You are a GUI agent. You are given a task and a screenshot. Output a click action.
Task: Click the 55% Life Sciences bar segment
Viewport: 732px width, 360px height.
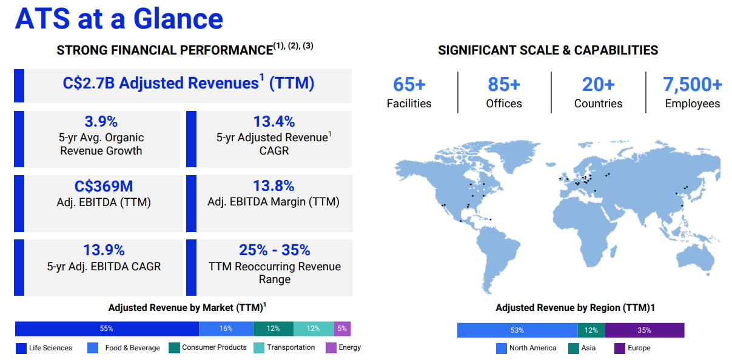click(x=107, y=328)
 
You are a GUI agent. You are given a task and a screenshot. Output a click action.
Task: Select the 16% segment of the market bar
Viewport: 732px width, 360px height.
click(x=226, y=328)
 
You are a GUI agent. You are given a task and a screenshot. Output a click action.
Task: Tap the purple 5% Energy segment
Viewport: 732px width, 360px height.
click(x=342, y=328)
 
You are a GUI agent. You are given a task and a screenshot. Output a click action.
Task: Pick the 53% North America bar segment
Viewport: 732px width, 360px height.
click(x=517, y=330)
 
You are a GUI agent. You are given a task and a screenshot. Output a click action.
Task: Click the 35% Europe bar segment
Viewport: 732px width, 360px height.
click(x=645, y=330)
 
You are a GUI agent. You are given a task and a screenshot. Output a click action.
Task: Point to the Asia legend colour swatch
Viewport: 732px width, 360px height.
click(x=574, y=348)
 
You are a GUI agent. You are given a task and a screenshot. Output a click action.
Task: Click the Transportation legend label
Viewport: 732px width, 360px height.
click(x=291, y=347)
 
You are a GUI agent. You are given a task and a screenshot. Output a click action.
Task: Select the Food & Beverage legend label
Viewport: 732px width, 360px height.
click(x=132, y=348)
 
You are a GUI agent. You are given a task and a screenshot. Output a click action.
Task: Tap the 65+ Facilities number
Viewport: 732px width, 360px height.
click(x=409, y=84)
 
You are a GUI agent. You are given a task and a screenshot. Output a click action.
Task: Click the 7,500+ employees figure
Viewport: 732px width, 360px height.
click(x=693, y=84)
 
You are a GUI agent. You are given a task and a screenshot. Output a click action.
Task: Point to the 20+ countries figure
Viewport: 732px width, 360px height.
click(x=599, y=84)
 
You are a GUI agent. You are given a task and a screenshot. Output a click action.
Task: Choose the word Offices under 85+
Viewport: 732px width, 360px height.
click(x=504, y=104)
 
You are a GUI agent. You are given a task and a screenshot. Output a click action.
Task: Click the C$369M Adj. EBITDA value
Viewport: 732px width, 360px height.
click(x=104, y=186)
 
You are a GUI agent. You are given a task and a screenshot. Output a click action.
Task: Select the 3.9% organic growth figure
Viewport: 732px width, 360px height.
click(x=101, y=122)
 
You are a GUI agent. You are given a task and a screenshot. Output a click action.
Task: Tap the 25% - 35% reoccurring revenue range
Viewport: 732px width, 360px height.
click(x=275, y=250)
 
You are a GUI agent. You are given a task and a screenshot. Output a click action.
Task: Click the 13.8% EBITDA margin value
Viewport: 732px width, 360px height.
click(x=274, y=186)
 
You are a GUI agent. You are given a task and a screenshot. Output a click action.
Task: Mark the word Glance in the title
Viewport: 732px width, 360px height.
click(x=178, y=19)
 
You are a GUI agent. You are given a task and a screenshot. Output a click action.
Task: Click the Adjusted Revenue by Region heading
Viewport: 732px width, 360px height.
click(x=575, y=308)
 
